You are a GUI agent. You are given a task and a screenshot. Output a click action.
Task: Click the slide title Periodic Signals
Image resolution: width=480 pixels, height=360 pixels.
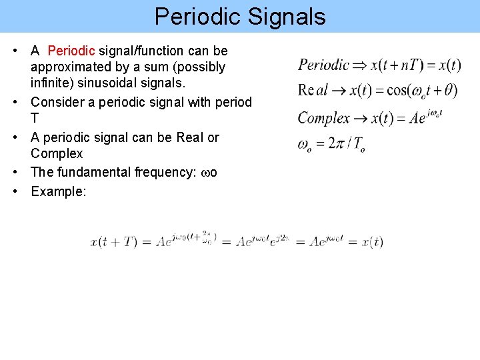click(x=240, y=16)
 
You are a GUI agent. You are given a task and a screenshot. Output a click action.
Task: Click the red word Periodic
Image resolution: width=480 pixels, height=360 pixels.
click(x=72, y=51)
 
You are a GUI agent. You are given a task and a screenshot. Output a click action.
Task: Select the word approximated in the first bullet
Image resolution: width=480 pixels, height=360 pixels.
click(x=74, y=67)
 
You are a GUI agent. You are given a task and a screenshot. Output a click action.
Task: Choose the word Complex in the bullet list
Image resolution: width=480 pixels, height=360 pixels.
click(x=57, y=153)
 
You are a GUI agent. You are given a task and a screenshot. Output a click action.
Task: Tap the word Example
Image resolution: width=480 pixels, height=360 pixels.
click(x=59, y=191)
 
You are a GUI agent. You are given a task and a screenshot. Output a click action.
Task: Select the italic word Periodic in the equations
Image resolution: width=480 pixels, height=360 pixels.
click(x=323, y=65)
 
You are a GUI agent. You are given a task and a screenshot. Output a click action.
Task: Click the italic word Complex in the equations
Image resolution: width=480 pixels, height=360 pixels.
click(x=323, y=118)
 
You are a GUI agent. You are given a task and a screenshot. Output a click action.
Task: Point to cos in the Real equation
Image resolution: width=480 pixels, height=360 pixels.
click(x=398, y=91)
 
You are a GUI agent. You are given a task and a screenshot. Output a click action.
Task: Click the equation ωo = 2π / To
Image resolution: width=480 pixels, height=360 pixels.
click(x=330, y=144)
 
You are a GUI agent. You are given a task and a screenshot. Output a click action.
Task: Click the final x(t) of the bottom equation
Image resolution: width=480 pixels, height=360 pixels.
click(x=372, y=242)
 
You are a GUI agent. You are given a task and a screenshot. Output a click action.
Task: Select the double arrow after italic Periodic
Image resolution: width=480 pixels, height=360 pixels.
click(x=359, y=65)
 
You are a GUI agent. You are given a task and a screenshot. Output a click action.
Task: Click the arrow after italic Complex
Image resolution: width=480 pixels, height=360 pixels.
click(x=360, y=119)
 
